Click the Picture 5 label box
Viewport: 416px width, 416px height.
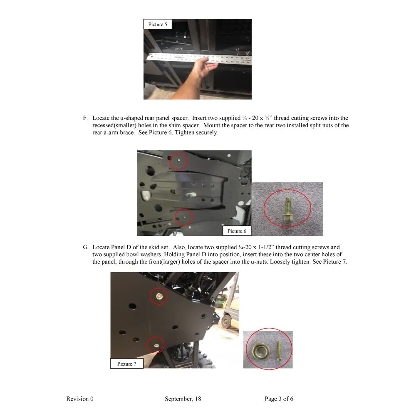point(158,24)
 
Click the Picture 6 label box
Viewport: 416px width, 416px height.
point(237,231)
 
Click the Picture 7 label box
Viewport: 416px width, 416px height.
point(126,364)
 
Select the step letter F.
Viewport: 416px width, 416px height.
point(85,118)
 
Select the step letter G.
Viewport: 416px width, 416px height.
point(85,247)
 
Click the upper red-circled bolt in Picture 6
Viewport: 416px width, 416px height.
point(178,160)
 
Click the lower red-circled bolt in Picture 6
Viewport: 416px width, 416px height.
point(183,216)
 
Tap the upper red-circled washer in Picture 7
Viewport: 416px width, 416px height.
point(158,296)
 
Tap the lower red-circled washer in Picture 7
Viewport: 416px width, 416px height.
point(156,345)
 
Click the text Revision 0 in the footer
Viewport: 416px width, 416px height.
point(80,399)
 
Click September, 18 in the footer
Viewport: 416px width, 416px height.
point(183,399)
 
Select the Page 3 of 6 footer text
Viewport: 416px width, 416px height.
point(279,399)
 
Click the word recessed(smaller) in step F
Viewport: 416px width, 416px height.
point(114,125)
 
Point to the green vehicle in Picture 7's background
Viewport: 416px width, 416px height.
point(228,318)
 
